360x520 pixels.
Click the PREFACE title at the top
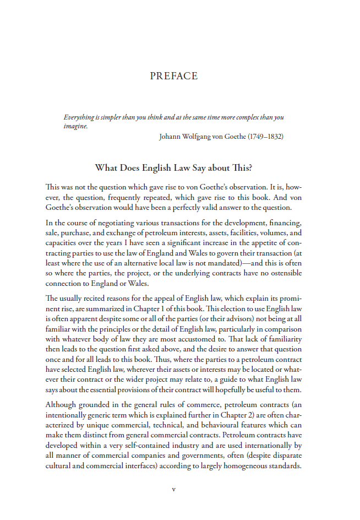(173, 76)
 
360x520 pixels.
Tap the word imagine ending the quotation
(75, 126)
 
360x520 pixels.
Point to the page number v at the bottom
(174, 489)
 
